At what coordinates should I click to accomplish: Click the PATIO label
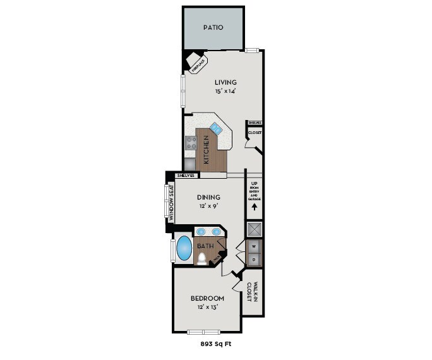coord(213,28)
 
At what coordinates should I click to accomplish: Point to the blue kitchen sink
coord(216,129)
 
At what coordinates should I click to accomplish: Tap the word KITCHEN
coord(205,149)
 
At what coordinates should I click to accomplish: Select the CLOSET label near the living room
coord(255,133)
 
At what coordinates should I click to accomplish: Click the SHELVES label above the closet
coord(255,123)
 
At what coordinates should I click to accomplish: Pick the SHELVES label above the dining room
coord(185,175)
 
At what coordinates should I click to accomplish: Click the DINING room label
coord(208,197)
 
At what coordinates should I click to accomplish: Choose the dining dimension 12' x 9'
coord(208,206)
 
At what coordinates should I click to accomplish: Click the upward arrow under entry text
coord(255,206)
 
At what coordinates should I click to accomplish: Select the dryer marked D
coord(255,259)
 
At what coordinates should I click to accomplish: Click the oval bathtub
coord(183,248)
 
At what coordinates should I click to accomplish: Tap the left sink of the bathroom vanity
coord(200,232)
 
